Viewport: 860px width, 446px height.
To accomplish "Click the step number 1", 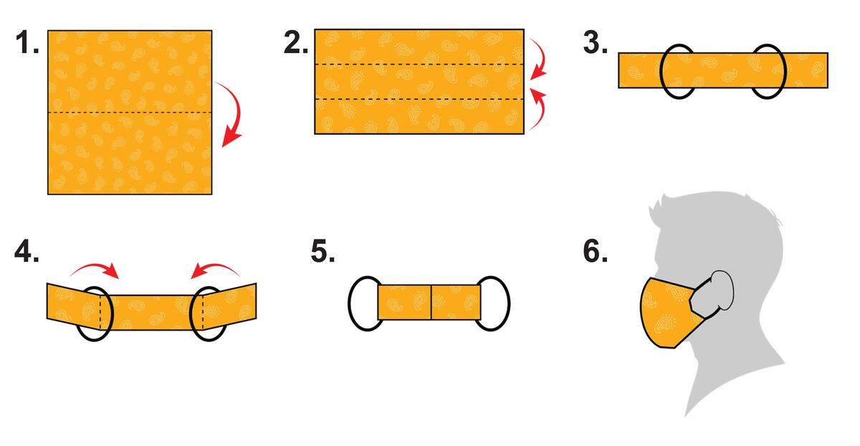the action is [x=27, y=42].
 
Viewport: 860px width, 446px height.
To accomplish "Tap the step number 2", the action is [x=295, y=42].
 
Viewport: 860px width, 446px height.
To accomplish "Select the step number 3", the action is [x=595, y=42].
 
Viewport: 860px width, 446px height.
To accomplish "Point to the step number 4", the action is [x=27, y=251].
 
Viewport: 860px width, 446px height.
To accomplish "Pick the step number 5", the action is [x=322, y=251].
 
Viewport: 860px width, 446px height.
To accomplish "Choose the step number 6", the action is [x=595, y=251].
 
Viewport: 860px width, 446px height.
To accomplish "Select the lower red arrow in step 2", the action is [x=540, y=110].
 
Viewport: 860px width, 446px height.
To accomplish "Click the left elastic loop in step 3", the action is [x=661, y=72].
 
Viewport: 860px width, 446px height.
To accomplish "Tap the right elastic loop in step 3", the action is [x=785, y=72].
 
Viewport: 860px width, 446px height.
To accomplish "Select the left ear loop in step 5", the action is [x=350, y=303].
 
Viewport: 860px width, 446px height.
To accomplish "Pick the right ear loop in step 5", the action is [x=509, y=303].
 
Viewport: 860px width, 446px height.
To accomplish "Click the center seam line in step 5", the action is [x=431, y=303].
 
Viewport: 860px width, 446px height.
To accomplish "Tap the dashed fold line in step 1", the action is [x=130, y=112].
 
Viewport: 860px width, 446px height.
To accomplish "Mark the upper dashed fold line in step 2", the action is [x=419, y=64].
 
